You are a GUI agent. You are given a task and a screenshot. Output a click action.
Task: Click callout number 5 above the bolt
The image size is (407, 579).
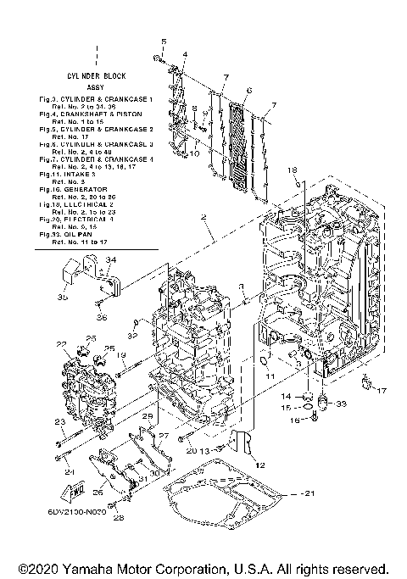[164, 42]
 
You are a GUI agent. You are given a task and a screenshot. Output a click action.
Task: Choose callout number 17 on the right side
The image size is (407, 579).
[382, 391]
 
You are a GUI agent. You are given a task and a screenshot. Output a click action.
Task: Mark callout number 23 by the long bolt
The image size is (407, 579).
[59, 421]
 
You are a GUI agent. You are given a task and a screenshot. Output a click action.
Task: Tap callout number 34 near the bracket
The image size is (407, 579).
[111, 259]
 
